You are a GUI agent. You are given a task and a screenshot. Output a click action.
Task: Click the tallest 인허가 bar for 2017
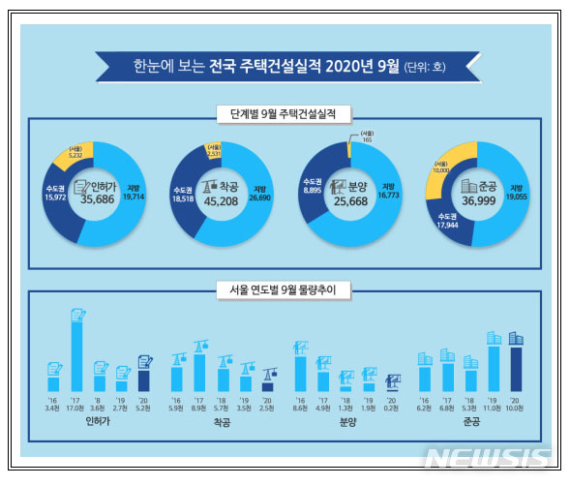point(76,353)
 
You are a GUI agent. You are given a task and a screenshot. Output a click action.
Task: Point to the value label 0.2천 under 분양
point(392,409)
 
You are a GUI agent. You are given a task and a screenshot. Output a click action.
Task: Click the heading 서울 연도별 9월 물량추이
point(285,287)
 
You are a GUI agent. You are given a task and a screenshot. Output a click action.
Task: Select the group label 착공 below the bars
point(223,423)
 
